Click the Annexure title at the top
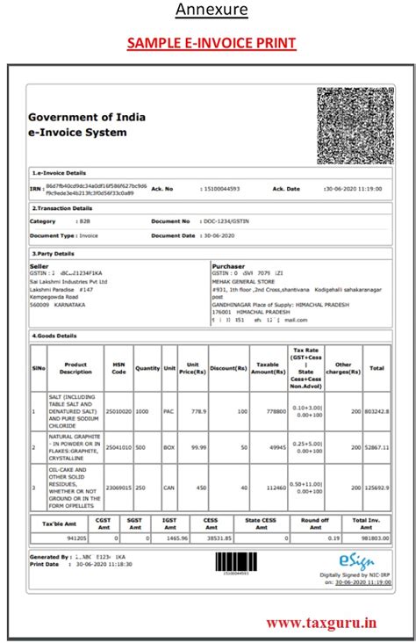pos(212,11)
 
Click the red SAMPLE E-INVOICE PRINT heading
pos(212,42)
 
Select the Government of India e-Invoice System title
pos(87,125)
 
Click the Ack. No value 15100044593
pos(220,189)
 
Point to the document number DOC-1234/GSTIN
pos(227,222)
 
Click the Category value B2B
pos(86,222)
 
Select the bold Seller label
pos(39,265)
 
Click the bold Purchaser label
pos(229,265)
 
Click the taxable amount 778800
pos(275,410)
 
